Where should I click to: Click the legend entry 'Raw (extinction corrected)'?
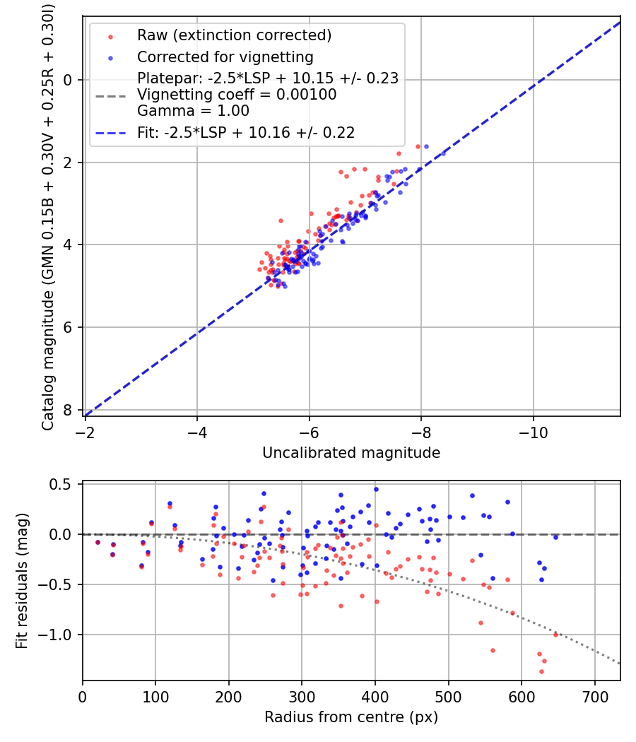pyautogui.click(x=234, y=35)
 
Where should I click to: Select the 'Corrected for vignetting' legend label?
pyautogui.click(x=225, y=57)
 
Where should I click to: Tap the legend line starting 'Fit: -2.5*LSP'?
pyautogui.click(x=246, y=132)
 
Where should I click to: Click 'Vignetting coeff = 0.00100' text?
pyautogui.click(x=237, y=95)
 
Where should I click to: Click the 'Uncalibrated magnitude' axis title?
pyautogui.click(x=351, y=453)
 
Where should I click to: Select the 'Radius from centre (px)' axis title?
pyautogui.click(x=351, y=717)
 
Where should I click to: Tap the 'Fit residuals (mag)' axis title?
pyautogui.click(x=23, y=581)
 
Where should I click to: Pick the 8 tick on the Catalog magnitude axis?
pyautogui.click(x=67, y=410)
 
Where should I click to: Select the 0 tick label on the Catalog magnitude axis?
pyautogui.click(x=67, y=80)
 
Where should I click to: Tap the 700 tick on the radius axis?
pyautogui.click(x=594, y=696)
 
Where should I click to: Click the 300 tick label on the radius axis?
pyautogui.click(x=302, y=696)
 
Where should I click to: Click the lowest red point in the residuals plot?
pyautogui.click(x=541, y=671)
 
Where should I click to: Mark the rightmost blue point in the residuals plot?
pyautogui.click(x=555, y=537)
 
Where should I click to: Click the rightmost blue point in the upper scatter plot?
pyautogui.click(x=426, y=146)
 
